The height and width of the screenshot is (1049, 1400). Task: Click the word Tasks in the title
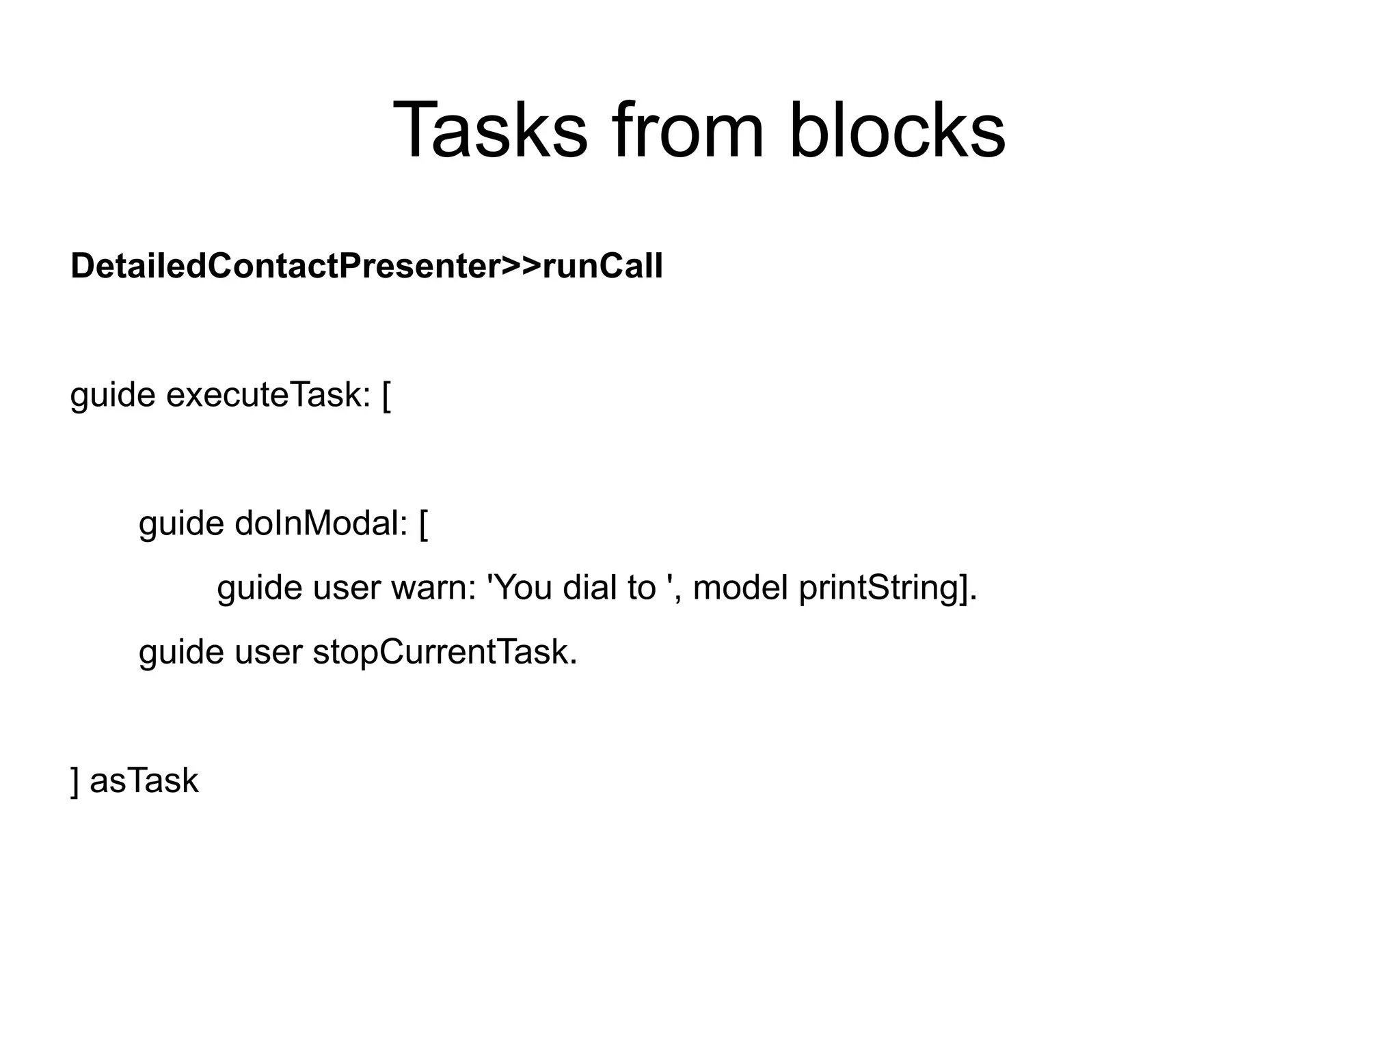[x=489, y=130]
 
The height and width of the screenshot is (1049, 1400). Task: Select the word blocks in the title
[x=897, y=130]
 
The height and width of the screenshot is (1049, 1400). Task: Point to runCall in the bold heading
[x=602, y=266]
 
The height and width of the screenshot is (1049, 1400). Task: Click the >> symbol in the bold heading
[x=522, y=266]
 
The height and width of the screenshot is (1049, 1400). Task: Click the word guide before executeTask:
[x=113, y=395]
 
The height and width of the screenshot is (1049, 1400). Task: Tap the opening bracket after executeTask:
[x=387, y=395]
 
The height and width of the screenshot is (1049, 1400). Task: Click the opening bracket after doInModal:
[x=424, y=524]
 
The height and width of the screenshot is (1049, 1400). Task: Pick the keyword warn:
[x=433, y=588]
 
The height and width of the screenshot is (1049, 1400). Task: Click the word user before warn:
[x=342, y=588]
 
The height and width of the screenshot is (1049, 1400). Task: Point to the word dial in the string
[x=585, y=588]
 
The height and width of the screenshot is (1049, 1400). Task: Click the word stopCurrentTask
[x=445, y=652]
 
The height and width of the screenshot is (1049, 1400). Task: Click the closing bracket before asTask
[x=75, y=781]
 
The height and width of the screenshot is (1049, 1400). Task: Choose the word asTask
[x=144, y=781]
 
